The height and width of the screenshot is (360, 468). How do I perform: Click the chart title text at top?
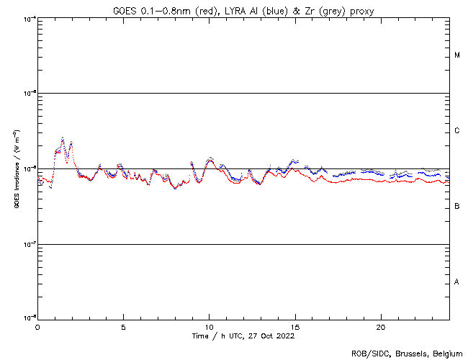pyautogui.click(x=243, y=10)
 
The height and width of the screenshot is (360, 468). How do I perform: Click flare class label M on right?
pyautogui.click(x=457, y=55)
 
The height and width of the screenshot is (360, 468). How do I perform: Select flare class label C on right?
pyautogui.click(x=457, y=131)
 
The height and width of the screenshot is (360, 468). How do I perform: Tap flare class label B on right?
pyautogui.click(x=457, y=207)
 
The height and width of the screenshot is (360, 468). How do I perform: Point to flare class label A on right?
pyautogui.click(x=457, y=282)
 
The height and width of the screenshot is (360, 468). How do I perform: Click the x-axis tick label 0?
pyautogui.click(x=37, y=327)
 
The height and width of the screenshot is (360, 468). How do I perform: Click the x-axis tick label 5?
pyautogui.click(x=123, y=327)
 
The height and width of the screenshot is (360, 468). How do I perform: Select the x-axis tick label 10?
pyautogui.click(x=209, y=327)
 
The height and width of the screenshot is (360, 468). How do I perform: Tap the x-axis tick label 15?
pyautogui.click(x=295, y=327)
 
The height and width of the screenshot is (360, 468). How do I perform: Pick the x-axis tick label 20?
pyautogui.click(x=381, y=327)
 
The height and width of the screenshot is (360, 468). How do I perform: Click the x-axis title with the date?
pyautogui.click(x=243, y=336)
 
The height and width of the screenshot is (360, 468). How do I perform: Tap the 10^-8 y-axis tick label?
pyautogui.click(x=29, y=318)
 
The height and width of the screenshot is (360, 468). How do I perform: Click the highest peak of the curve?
pyautogui.click(x=63, y=138)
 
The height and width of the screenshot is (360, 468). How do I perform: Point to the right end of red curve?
pyautogui.click(x=449, y=183)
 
